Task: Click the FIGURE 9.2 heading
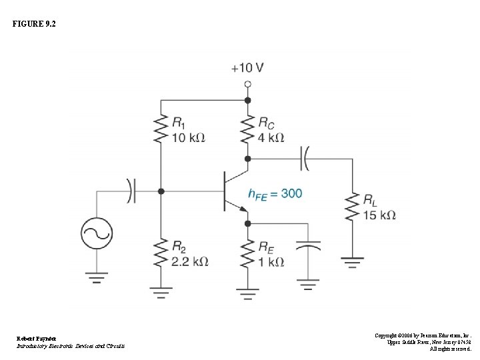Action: point(33,24)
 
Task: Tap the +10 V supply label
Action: point(247,67)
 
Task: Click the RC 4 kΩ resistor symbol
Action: point(247,129)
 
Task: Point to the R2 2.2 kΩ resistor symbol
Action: point(161,253)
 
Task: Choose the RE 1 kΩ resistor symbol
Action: point(247,253)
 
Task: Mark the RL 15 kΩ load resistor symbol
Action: point(351,207)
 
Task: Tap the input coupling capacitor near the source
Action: point(131,191)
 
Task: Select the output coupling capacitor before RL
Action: point(305,159)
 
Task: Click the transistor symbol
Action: point(233,191)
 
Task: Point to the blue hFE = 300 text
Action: point(275,193)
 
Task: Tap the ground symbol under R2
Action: point(161,291)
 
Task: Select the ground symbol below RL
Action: point(351,261)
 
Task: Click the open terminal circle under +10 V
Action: point(247,84)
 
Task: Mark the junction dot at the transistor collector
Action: point(247,159)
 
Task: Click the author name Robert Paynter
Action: point(33,338)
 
